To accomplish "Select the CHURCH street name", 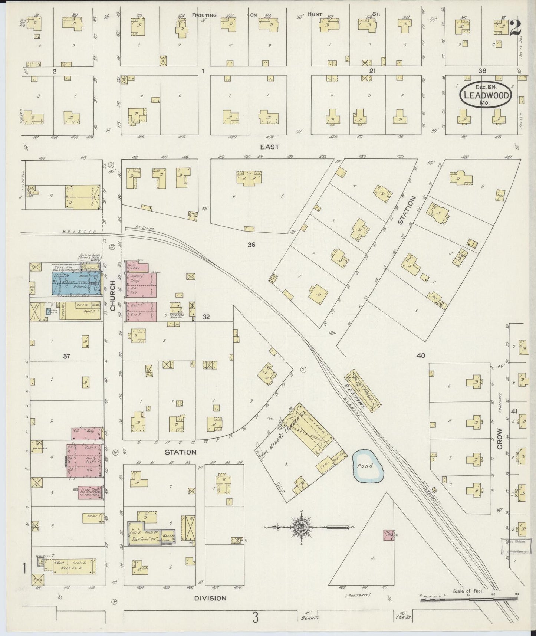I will pos(113,295).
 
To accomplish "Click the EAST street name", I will pos(269,147).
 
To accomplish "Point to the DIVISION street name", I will pos(210,598).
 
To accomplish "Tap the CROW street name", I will pos(500,439).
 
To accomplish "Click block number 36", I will pos(251,245).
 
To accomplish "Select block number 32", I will pos(206,317).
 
